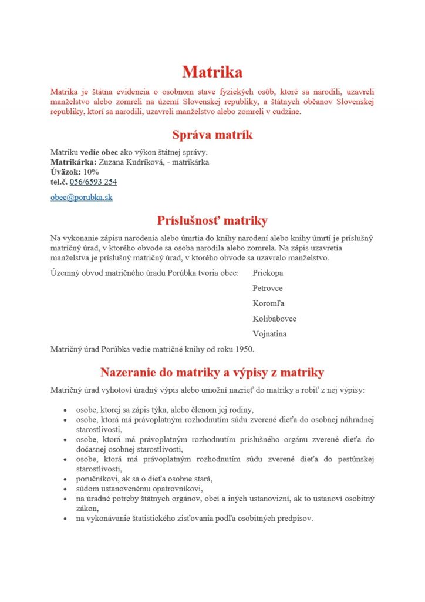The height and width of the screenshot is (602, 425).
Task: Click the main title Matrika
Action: click(212, 72)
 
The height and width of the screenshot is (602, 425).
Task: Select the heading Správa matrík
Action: click(212, 135)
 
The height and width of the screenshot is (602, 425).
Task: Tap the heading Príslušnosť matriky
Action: click(212, 220)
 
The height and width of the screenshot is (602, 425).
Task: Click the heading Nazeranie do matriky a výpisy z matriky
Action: click(212, 372)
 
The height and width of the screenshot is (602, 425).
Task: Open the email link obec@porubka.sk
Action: click(81, 198)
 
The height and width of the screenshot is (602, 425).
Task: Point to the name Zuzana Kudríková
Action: click(130, 162)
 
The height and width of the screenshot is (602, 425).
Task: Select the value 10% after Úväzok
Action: click(92, 172)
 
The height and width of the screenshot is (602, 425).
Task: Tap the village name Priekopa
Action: click(268, 273)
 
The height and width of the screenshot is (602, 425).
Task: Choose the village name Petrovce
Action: click(267, 289)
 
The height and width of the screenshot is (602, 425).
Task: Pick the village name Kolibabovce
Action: click(274, 319)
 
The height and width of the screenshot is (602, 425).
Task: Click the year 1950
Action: click(244, 350)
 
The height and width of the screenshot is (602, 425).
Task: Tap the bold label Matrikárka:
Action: click(73, 162)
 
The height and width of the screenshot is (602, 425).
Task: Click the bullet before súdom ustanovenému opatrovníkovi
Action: click(65, 489)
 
